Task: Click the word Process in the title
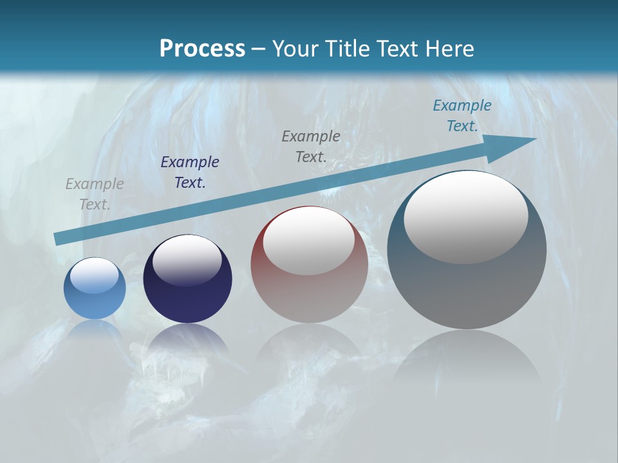click(x=202, y=48)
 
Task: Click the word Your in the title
click(x=295, y=48)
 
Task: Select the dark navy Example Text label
click(x=190, y=172)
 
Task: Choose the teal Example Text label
click(x=462, y=116)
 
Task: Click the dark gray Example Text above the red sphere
click(x=311, y=146)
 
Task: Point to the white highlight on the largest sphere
click(x=465, y=217)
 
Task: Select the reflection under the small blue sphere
click(x=95, y=331)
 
